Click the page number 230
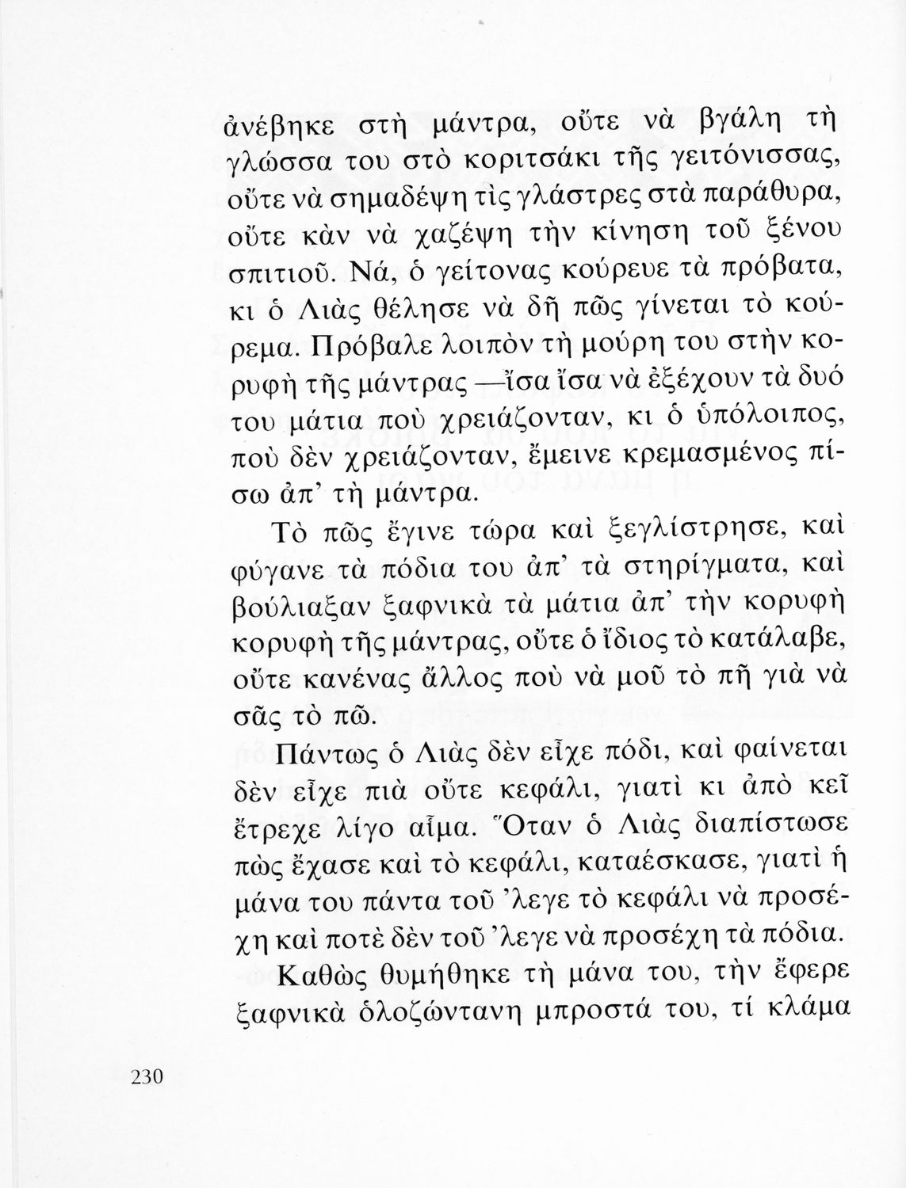tap(145, 1076)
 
